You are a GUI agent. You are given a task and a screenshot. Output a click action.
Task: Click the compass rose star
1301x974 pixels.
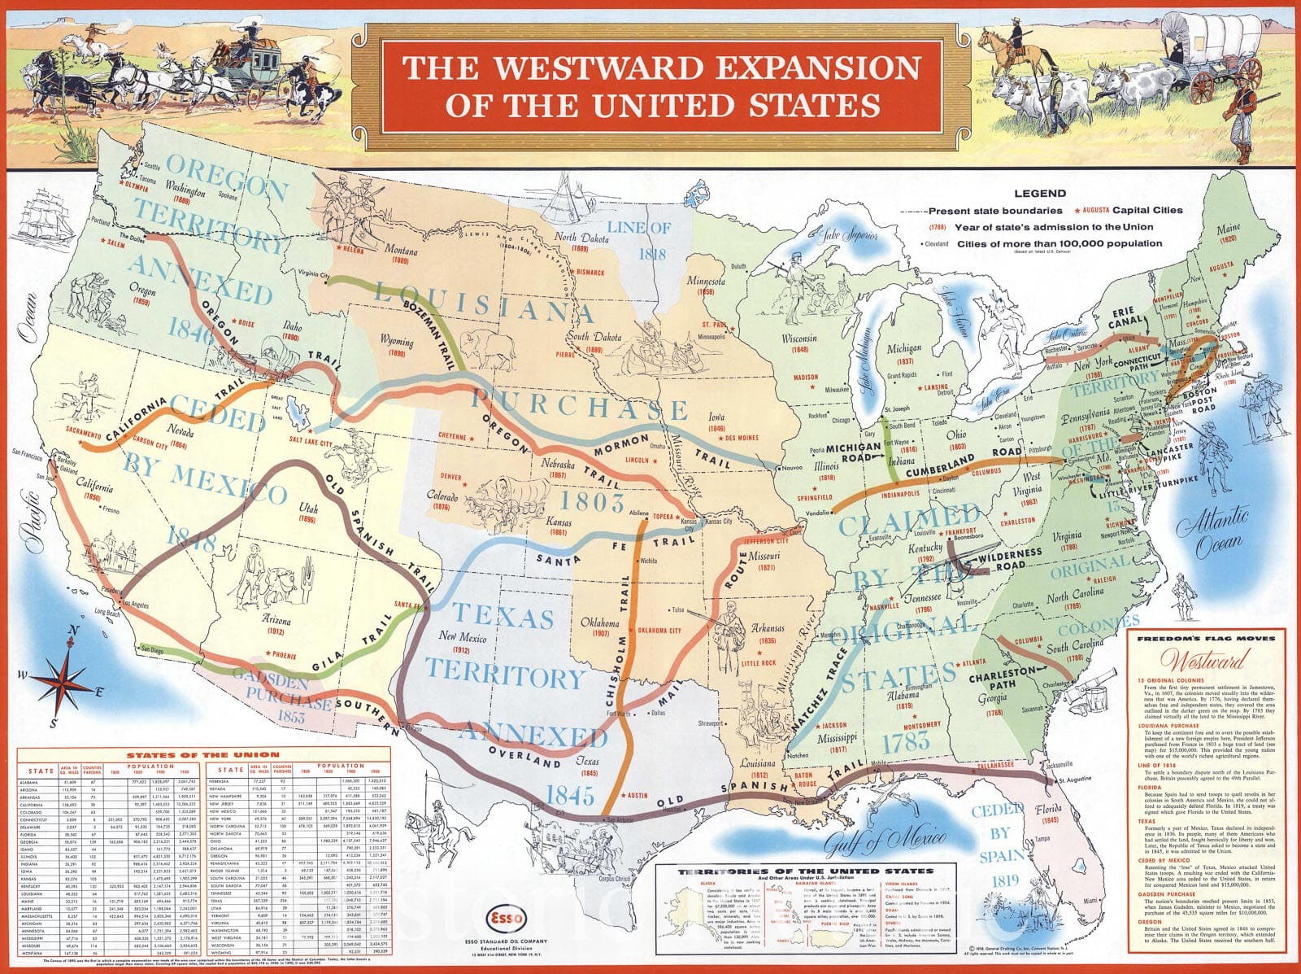tap(59, 678)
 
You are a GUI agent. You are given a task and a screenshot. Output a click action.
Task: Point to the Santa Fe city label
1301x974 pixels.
tap(407, 605)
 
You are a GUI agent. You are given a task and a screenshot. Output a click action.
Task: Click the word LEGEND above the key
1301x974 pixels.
tap(1039, 194)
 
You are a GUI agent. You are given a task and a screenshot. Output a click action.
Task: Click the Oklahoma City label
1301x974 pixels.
tap(659, 631)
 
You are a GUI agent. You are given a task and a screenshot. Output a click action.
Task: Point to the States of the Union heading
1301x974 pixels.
tap(202, 754)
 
